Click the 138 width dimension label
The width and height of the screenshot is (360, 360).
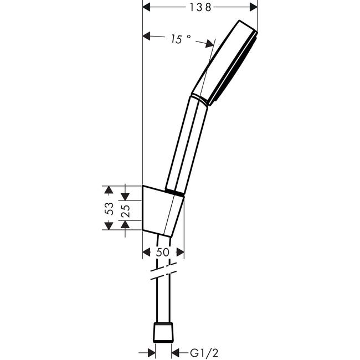click(200, 7)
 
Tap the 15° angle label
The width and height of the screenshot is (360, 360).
click(181, 39)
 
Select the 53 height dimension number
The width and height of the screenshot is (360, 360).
click(109, 208)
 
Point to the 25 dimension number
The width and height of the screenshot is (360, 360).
click(126, 211)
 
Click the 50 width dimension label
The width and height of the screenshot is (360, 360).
click(162, 252)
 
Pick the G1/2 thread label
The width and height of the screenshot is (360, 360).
click(204, 353)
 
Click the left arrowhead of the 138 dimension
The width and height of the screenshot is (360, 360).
click(146, 7)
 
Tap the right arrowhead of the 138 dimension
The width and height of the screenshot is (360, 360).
click(254, 7)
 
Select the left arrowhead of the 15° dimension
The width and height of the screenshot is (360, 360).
click(146, 36)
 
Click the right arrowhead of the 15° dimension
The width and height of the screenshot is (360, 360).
click(209, 43)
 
